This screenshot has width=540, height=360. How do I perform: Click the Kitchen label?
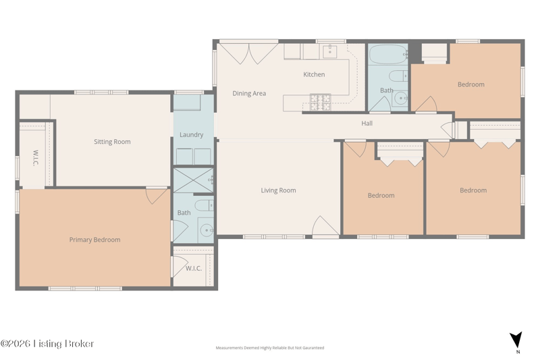click(x=314, y=74)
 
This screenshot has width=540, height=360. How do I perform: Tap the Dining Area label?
click(x=249, y=93)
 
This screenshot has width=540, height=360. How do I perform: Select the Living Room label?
click(x=278, y=190)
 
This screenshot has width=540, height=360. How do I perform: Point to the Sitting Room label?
click(x=112, y=142)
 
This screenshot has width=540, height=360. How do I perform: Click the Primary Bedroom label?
click(x=94, y=240)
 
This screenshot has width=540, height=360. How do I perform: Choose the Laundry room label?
click(x=192, y=134)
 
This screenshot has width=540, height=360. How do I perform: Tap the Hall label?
click(x=367, y=124)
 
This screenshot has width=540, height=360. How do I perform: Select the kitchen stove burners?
click(x=320, y=102)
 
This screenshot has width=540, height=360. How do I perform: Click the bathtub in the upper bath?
click(x=388, y=54)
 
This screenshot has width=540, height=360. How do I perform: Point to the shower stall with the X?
click(x=193, y=180)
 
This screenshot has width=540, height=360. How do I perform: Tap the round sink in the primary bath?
click(x=207, y=230)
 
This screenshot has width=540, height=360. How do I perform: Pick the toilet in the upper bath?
click(x=398, y=76)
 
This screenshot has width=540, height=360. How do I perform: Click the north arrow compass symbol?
click(x=516, y=340)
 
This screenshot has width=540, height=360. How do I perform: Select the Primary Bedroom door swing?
click(x=157, y=196)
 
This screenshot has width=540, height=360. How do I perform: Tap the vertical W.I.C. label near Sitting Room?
click(x=35, y=158)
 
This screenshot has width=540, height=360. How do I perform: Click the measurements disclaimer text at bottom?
click(x=269, y=348)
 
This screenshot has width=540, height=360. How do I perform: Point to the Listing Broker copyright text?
click(x=47, y=344)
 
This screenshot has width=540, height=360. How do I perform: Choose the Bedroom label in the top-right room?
click(x=470, y=84)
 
